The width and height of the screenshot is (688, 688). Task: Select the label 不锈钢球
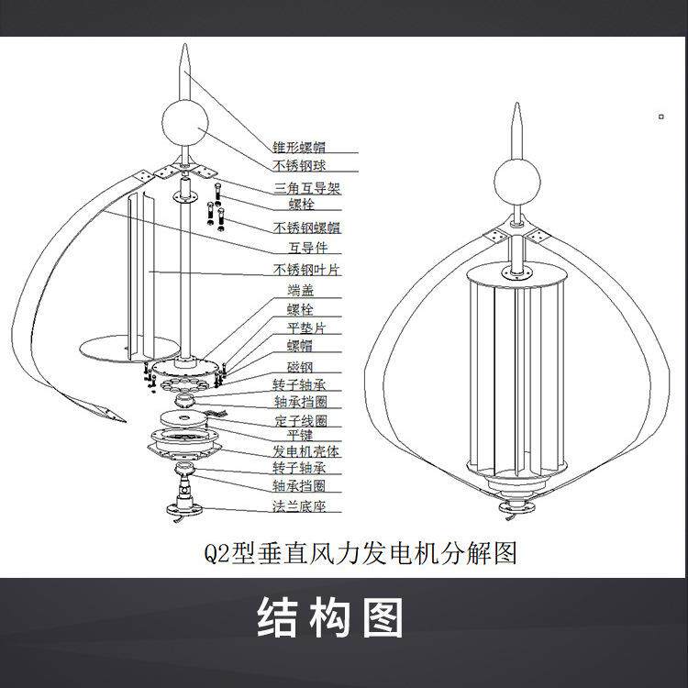pyautogui.click(x=301, y=166)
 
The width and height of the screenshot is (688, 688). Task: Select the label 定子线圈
pyautogui.click(x=301, y=421)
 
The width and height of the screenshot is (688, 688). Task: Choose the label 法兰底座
pyautogui.click(x=301, y=505)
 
